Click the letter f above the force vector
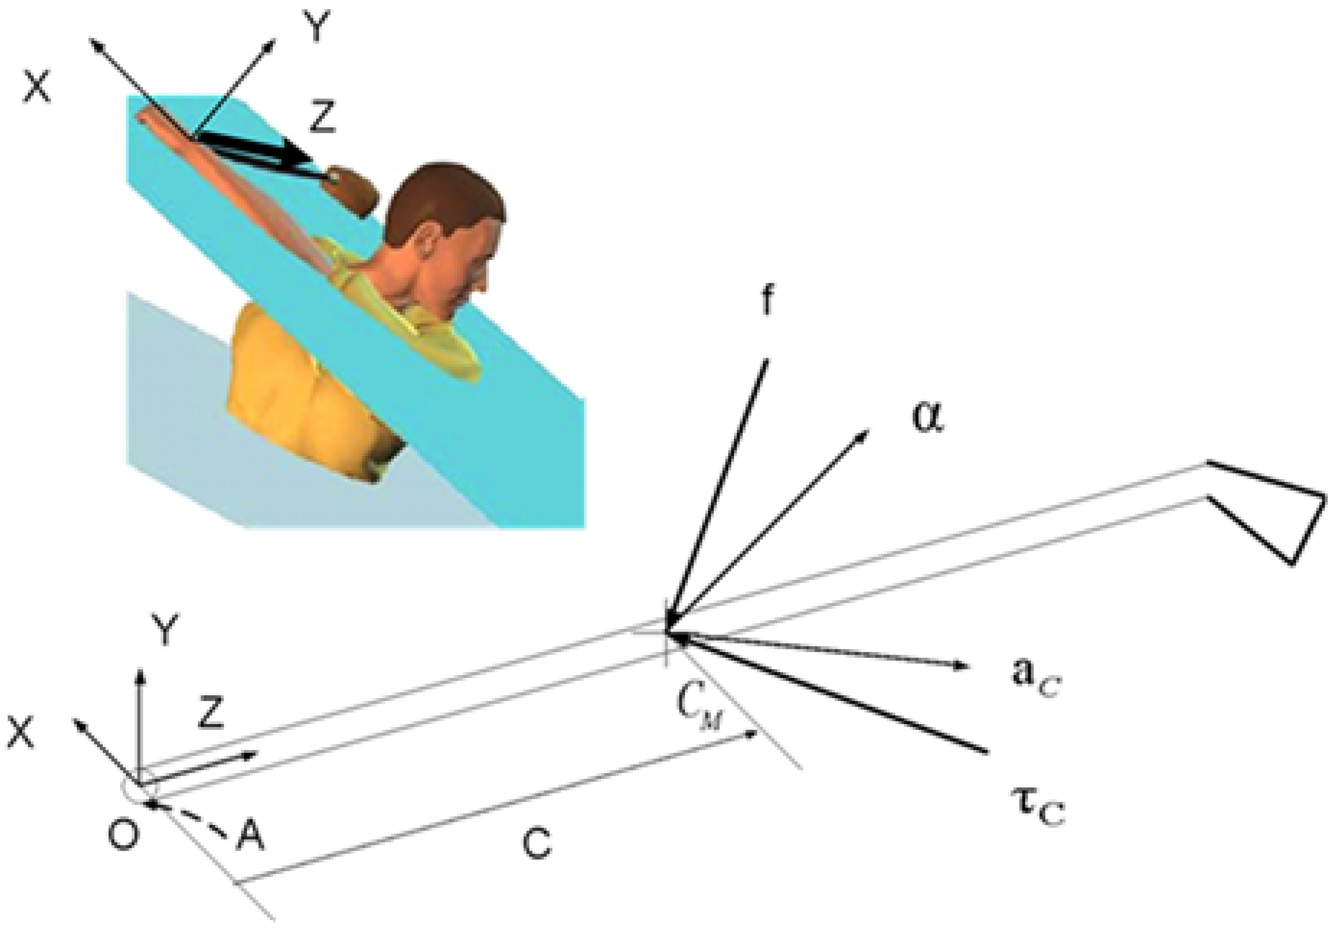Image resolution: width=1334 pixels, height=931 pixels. coord(768,301)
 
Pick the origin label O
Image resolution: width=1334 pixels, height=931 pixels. coord(123,836)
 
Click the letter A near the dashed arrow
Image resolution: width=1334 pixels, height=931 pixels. coord(250,837)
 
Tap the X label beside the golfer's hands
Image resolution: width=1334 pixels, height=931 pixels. coord(37,87)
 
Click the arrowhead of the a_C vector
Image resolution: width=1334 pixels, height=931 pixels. coord(962,667)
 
